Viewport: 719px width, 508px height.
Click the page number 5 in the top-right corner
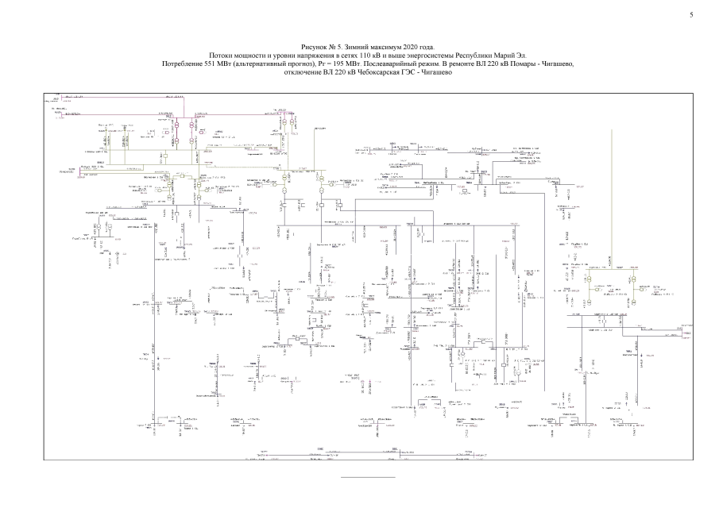pyautogui.click(x=692, y=15)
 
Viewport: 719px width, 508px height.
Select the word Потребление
pyautogui.click(x=183, y=63)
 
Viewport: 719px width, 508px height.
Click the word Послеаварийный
pyautogui.click(x=396, y=63)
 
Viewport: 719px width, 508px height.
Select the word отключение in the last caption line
pyautogui.click(x=303, y=71)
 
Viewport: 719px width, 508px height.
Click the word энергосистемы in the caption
pyautogui.click(x=427, y=56)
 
